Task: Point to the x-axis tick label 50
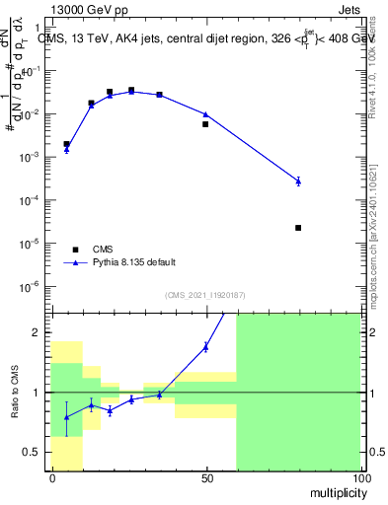(206, 477)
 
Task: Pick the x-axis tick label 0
(52, 477)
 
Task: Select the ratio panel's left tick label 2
(39, 332)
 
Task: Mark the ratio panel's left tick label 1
(39, 393)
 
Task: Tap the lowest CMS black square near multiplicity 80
(298, 228)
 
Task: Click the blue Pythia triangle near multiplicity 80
(298, 180)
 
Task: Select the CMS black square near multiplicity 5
(66, 144)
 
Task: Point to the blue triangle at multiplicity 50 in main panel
(205, 114)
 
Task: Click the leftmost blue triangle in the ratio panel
(66, 417)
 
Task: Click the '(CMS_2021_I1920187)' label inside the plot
(206, 295)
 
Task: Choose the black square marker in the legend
(76, 250)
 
